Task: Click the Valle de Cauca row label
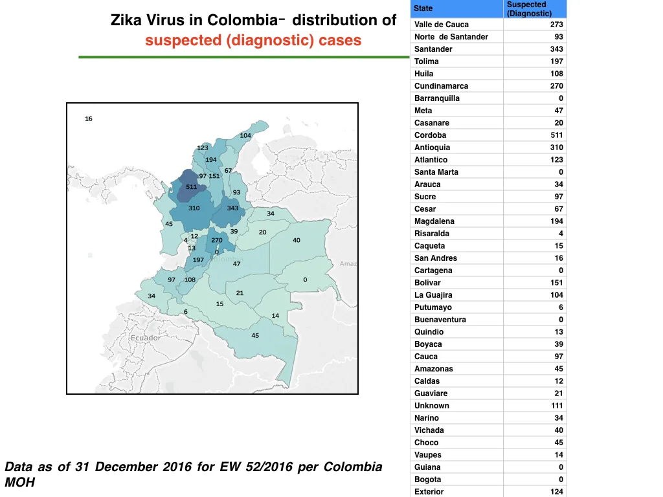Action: point(441,25)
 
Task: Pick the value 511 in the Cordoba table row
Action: point(556,135)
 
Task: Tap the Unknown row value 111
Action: point(557,406)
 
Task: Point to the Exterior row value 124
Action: point(556,492)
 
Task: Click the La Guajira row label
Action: point(433,295)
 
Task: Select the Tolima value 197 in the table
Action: point(556,61)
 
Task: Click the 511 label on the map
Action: point(191,187)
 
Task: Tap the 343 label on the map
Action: point(232,208)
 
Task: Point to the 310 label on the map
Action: point(194,208)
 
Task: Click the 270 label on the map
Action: point(217,240)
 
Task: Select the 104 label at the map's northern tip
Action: point(245,136)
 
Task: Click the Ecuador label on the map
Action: point(146,338)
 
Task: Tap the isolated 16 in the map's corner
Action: point(88,119)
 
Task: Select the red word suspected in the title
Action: point(183,41)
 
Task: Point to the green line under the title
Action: point(244,57)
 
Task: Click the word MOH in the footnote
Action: point(20,482)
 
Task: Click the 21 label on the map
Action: point(240,293)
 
